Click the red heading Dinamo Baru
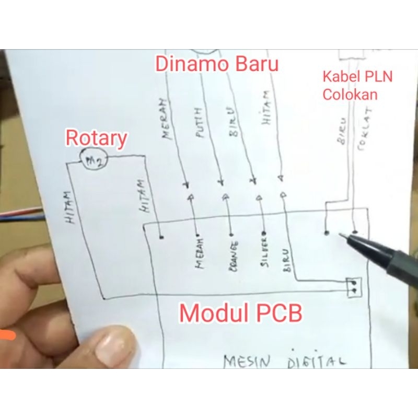(x=217, y=65)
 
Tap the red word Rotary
(x=96, y=138)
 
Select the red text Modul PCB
(x=241, y=313)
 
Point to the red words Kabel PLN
(x=357, y=77)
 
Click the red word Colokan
(x=350, y=95)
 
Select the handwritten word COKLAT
(x=364, y=128)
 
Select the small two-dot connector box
(x=354, y=286)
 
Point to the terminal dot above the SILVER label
(x=264, y=233)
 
